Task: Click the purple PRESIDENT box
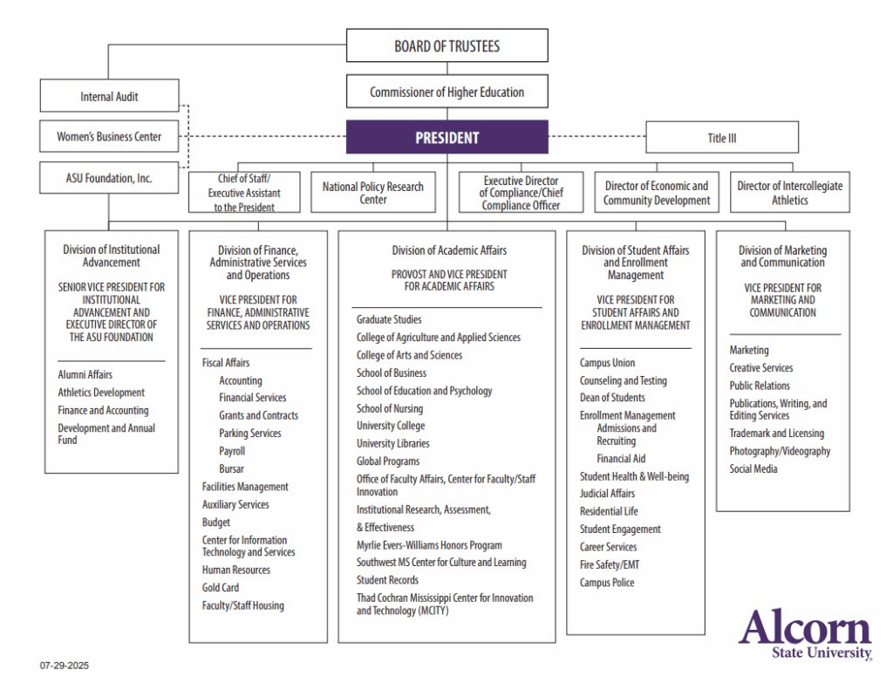coord(446,137)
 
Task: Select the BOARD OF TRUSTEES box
coord(446,45)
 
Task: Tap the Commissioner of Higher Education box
coord(446,92)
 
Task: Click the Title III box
coord(721,138)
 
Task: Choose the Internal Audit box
coord(109,96)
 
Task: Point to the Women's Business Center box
coord(109,136)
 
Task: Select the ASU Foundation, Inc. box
coord(109,178)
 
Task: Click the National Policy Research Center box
coord(372,193)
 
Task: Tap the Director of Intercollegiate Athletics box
coord(789,193)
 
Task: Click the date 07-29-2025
coord(64,666)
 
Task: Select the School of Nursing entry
coord(389,408)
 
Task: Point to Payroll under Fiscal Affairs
coord(232,451)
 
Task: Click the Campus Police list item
coord(607,583)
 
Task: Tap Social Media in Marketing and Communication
coord(753,468)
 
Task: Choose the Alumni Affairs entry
coord(85,375)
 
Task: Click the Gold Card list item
coord(220,588)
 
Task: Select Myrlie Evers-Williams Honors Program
coord(428,545)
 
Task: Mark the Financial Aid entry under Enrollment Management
coord(621,459)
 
